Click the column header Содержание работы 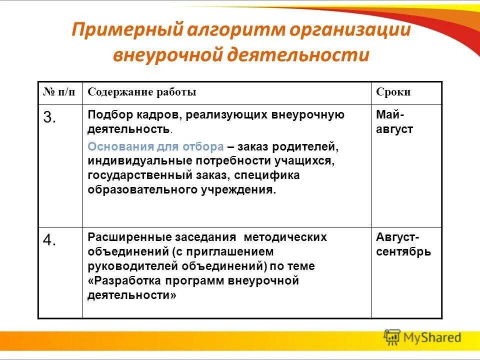point(142,92)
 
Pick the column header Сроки point(393,92)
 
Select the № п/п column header point(60,92)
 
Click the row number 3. point(49,118)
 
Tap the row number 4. point(49,240)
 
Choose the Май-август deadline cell point(394,122)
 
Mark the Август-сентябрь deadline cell point(403,244)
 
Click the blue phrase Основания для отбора point(155,147)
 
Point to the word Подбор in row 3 point(104,115)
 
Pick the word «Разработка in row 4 point(119,281)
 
